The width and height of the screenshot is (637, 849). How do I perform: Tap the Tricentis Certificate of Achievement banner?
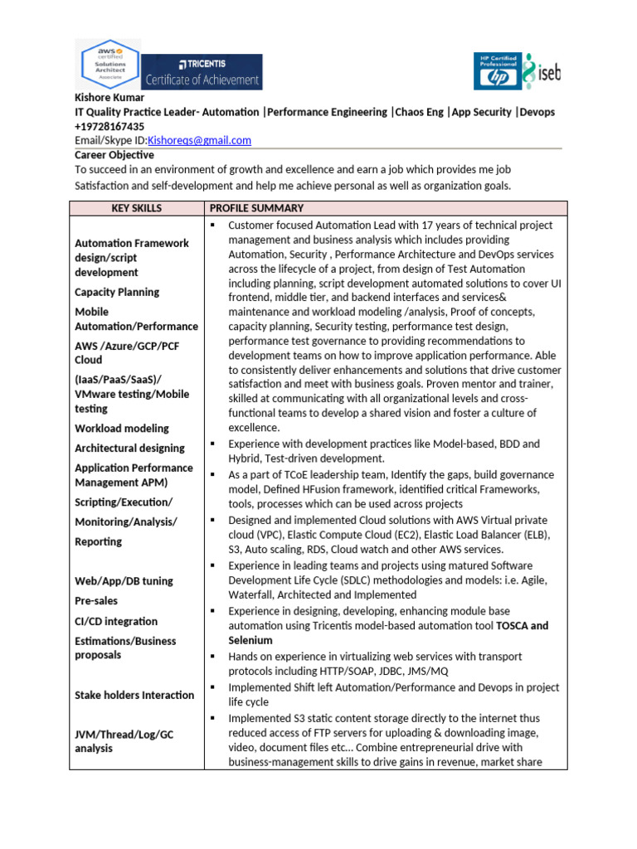pyautogui.click(x=202, y=72)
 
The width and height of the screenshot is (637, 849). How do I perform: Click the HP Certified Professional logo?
pyautogui.click(x=497, y=72)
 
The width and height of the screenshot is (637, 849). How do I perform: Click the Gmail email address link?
pyautogui.click(x=199, y=140)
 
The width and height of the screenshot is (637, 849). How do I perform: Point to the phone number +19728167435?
pyautogui.click(x=108, y=126)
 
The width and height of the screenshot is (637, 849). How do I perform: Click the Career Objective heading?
pyautogui.click(x=114, y=155)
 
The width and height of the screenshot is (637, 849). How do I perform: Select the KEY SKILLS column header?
pyautogui.click(x=137, y=208)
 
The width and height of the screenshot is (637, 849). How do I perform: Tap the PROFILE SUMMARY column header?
pyautogui.click(x=256, y=208)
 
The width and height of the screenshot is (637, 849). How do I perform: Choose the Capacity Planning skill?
pyautogui.click(x=117, y=292)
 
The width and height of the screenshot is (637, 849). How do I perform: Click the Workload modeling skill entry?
pyautogui.click(x=122, y=429)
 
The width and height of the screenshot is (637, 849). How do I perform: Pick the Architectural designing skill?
pyautogui.click(x=129, y=449)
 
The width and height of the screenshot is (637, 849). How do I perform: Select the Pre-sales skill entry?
pyautogui.click(x=96, y=601)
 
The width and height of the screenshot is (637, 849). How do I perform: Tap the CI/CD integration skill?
pyautogui.click(x=116, y=621)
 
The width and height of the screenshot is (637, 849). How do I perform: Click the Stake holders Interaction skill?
pyautogui.click(x=134, y=695)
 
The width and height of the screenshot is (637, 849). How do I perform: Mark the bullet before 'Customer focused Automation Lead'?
pyautogui.click(x=213, y=226)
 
